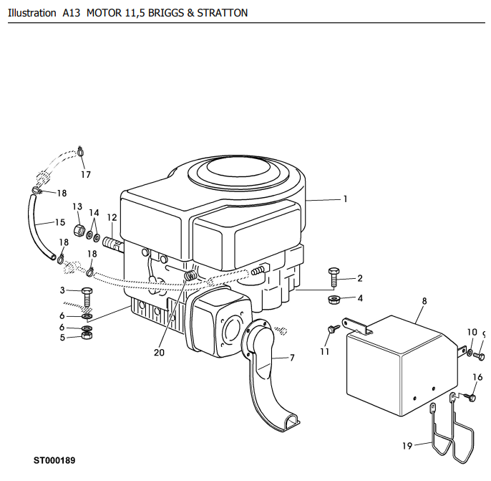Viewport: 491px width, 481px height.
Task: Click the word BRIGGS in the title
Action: click(167, 13)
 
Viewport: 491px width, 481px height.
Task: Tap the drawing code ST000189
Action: click(54, 460)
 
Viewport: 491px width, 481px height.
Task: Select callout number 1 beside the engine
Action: click(346, 199)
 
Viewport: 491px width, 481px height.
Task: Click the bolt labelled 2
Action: click(334, 277)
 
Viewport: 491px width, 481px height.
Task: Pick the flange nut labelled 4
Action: click(334, 300)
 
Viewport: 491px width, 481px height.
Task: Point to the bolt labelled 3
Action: click(87, 297)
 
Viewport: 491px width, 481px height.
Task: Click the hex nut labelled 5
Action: click(87, 335)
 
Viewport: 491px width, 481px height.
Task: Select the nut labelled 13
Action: click(79, 231)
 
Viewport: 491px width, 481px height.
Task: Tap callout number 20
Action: click(159, 353)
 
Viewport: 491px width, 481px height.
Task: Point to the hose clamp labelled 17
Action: click(80, 151)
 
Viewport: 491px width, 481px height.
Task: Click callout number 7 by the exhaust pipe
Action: click(292, 358)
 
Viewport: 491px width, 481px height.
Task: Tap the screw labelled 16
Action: click(470, 397)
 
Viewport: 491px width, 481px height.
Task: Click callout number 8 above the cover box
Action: click(424, 301)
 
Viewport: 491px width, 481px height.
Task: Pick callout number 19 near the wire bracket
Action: click(407, 446)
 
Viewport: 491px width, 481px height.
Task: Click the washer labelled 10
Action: click(470, 353)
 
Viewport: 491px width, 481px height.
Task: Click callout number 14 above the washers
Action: click(94, 213)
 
